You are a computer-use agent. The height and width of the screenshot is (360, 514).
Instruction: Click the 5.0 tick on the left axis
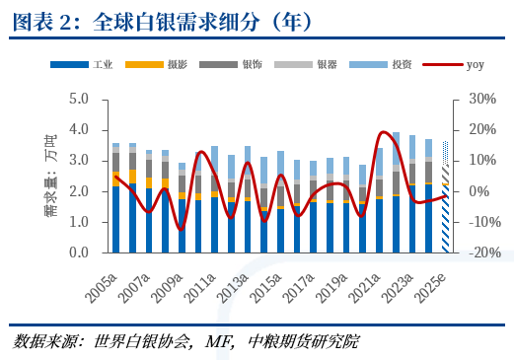pos(78,100)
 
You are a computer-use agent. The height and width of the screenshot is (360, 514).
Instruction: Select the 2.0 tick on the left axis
pos(78,191)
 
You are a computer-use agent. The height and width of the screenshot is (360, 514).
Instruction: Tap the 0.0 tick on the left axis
pos(78,252)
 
